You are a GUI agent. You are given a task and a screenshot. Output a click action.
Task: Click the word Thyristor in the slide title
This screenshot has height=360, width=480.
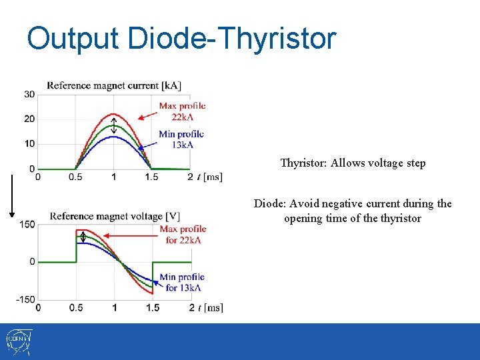coord(279,39)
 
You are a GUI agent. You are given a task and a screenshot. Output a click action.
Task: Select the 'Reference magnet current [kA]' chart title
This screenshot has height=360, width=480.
coord(114,85)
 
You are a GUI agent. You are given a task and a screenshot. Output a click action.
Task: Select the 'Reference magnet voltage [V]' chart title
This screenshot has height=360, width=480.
coord(115,216)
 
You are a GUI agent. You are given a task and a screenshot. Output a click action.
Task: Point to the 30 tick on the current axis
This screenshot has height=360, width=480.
coord(30,95)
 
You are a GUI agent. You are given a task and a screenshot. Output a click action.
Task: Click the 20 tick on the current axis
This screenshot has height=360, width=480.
coord(30,119)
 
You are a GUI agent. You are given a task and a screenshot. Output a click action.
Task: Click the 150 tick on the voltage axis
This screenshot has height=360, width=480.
coord(27,225)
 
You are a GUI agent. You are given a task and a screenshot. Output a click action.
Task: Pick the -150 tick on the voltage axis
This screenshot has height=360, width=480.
coord(26,299)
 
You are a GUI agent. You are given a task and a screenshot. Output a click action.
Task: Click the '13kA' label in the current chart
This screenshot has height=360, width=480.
coord(182,145)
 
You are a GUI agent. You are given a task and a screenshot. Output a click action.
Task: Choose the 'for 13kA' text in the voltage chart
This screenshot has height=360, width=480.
coord(182,287)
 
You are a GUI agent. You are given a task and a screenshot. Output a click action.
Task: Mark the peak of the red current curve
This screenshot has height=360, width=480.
coord(114,114)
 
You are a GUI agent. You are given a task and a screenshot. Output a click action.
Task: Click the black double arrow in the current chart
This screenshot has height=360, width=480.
coord(114,125)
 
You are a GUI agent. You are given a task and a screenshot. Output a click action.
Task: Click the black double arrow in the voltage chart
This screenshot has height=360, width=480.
coord(83,236)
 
